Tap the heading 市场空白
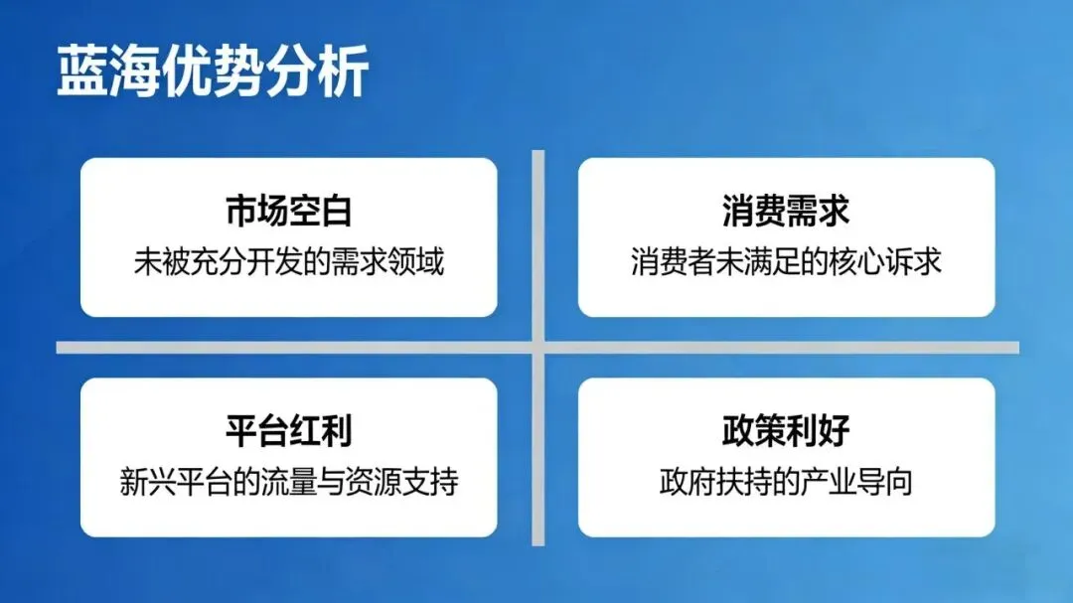288,211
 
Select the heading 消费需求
786,211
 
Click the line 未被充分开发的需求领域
288,261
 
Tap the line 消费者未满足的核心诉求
786,261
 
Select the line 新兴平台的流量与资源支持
288,482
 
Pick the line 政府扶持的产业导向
786,482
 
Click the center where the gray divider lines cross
537,348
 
